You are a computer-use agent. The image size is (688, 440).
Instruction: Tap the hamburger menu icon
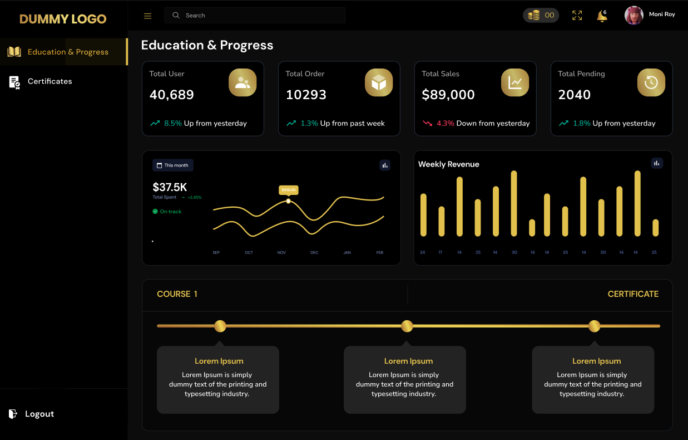148,16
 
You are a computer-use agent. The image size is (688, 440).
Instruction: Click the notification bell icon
602,16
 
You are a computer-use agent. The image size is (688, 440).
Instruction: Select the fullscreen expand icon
577,16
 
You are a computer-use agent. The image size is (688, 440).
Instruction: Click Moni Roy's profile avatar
634,16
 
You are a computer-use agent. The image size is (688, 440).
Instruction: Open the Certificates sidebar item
50,81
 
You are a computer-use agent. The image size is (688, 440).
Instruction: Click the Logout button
39,414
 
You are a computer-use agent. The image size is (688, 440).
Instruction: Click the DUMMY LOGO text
63,19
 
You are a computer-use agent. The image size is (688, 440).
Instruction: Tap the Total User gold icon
242,83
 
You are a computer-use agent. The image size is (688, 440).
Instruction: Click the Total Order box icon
379,83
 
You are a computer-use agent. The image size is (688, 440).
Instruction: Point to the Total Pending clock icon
651,83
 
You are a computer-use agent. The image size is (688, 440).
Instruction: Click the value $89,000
448,95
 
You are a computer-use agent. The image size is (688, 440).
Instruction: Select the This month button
173,165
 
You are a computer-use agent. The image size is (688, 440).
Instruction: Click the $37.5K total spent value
170,187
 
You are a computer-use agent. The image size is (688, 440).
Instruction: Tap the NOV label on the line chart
281,253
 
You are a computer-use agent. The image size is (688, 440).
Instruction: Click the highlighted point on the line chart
288,201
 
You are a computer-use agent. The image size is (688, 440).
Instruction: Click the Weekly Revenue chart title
448,164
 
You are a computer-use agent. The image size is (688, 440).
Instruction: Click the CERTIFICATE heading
633,294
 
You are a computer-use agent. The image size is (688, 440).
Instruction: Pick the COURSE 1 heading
177,294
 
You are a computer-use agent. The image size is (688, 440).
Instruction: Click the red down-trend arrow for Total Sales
428,124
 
